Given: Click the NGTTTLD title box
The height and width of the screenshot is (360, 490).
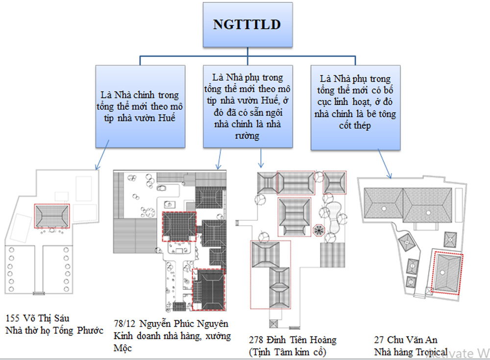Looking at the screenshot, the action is point(248,25).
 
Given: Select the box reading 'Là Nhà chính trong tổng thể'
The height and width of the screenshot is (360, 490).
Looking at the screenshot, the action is point(140,106).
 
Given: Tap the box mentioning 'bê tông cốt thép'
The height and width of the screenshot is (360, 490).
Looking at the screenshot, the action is point(355,107).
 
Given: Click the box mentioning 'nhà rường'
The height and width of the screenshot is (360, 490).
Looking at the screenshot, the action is point(248,106).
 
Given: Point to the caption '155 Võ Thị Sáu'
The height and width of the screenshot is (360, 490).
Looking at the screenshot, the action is point(38,318).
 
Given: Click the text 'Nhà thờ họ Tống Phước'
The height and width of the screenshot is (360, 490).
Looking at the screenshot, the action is point(54,330).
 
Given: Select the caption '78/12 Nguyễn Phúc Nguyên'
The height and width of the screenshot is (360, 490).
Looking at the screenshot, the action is point(171,323).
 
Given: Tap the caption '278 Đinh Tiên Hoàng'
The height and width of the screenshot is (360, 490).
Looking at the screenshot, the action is point(293,340).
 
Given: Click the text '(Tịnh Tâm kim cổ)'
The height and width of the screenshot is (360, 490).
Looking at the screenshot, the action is point(288,352).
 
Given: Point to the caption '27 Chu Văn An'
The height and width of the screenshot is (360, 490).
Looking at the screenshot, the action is point(406,340).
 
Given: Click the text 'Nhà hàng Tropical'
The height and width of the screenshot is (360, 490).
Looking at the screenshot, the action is point(411,352).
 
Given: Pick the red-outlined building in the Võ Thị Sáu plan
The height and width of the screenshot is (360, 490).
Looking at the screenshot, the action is point(52,216).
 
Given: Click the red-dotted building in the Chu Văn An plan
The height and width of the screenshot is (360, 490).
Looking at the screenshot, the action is point(447,273).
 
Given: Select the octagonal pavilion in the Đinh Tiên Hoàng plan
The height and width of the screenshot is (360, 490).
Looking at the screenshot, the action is point(318,231).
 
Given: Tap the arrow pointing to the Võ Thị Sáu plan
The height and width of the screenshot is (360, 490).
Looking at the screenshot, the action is point(102,155).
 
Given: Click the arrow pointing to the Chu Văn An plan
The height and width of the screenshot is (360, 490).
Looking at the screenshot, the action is point(385,164).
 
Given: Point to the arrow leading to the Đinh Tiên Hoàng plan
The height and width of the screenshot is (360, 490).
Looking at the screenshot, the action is point(261,158).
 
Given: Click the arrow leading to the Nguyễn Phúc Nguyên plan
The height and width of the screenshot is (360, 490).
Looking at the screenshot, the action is point(219,159).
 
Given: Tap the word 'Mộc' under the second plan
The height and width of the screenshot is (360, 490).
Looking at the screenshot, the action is point(122,348).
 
